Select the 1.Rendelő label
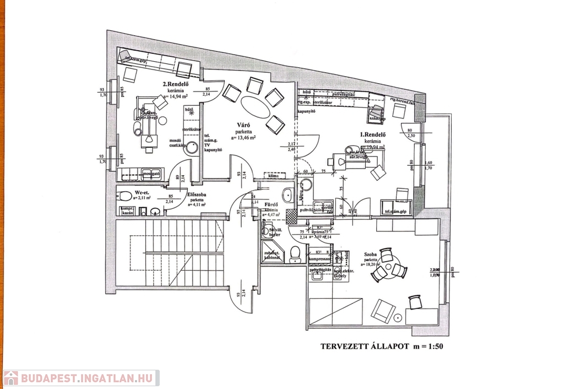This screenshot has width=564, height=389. (x=372, y=134)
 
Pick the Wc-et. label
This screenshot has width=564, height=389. (x=143, y=193)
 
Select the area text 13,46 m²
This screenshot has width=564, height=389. (x=242, y=138)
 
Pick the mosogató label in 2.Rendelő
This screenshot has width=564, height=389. (x=151, y=174)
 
